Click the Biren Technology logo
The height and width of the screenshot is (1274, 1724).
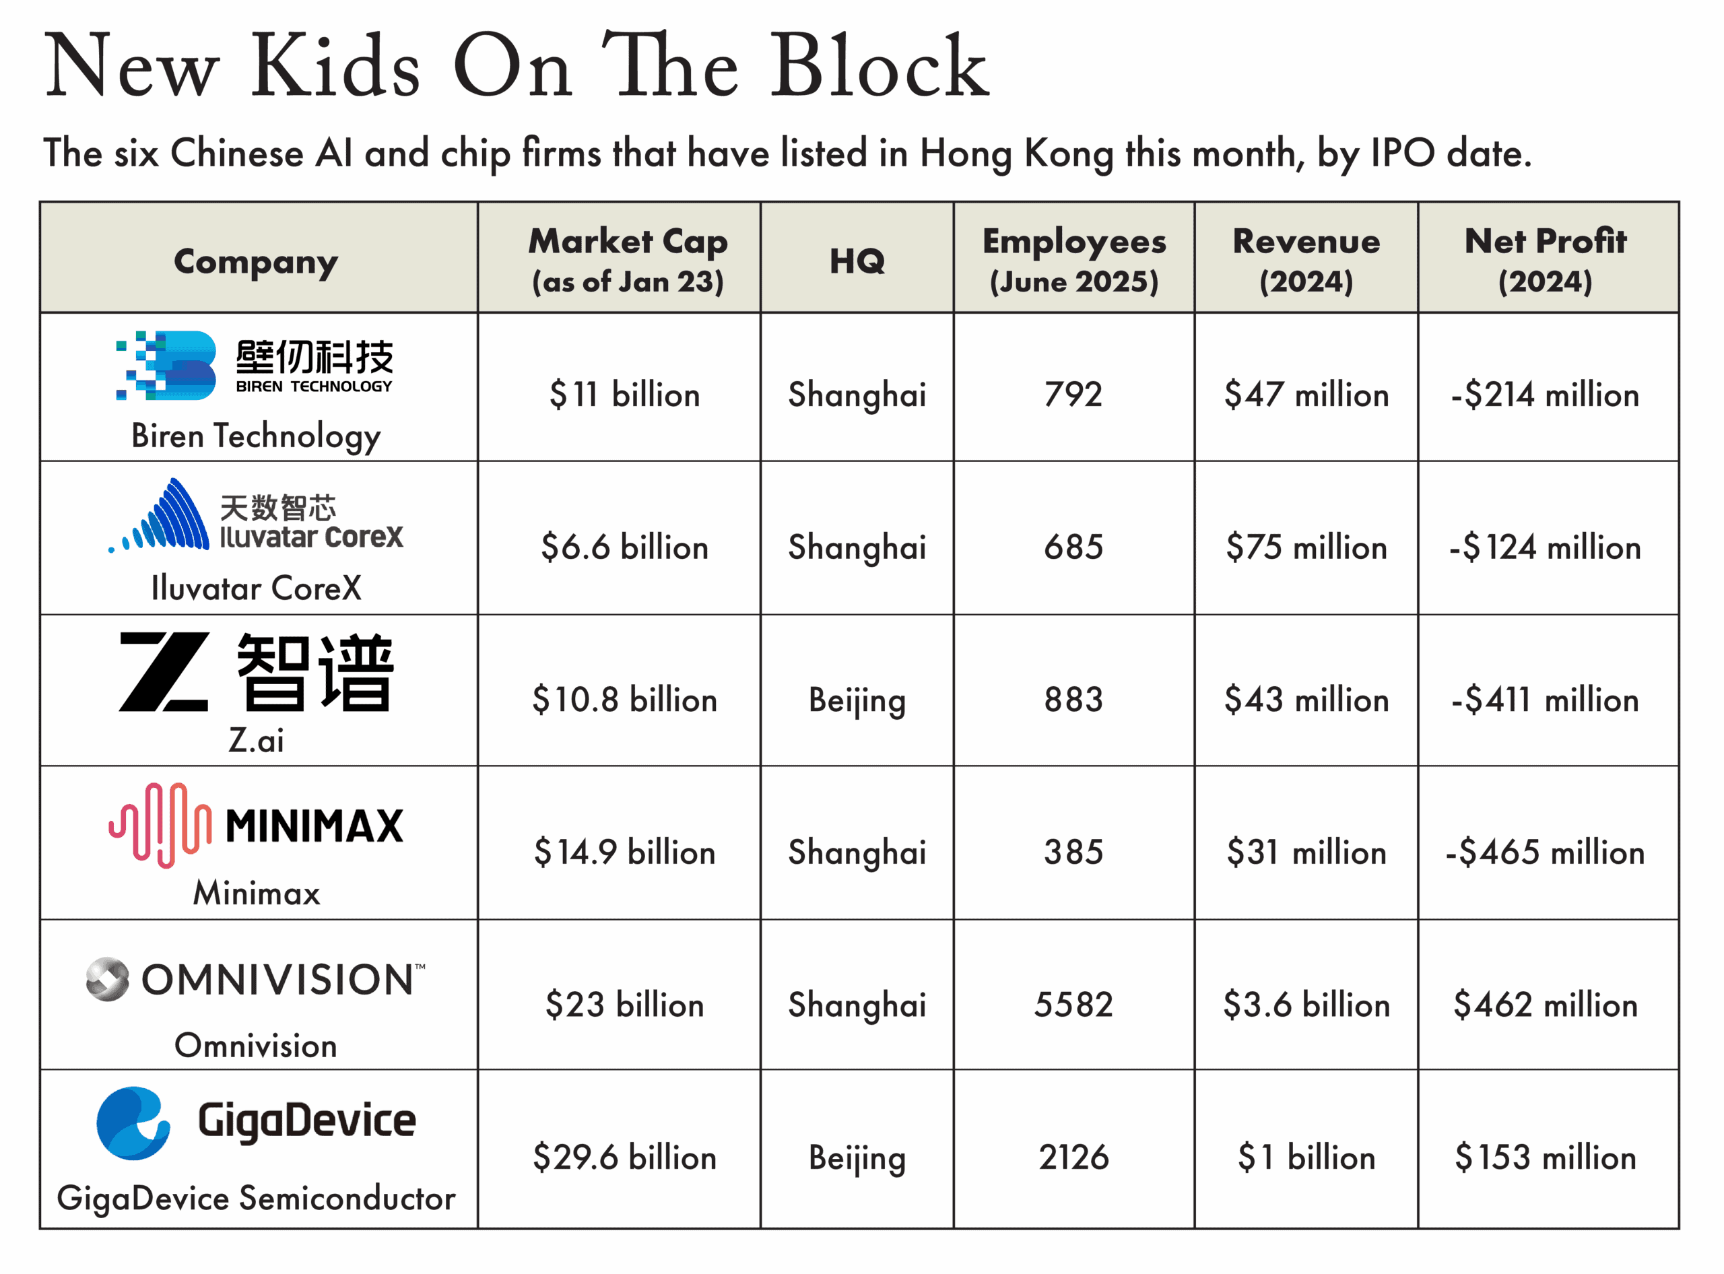(254, 366)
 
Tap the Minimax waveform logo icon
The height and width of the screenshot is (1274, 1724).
(160, 824)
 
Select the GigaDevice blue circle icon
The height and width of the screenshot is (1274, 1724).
(133, 1123)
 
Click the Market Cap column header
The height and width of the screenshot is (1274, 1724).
(627, 260)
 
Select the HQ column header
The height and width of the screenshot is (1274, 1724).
(857, 261)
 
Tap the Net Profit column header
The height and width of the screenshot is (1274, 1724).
(1545, 260)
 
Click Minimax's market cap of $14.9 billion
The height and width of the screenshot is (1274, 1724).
(625, 852)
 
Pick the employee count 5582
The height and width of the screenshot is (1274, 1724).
(1073, 1005)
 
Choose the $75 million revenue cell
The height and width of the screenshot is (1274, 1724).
(1306, 547)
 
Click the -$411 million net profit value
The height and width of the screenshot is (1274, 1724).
(1545, 700)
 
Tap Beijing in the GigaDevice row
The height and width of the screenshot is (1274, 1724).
(857, 1158)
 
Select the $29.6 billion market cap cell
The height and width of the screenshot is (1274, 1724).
(625, 1158)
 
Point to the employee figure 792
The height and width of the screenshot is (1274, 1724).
(1073, 395)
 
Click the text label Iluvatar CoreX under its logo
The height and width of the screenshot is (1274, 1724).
(256, 589)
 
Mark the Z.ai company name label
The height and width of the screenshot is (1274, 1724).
(256, 740)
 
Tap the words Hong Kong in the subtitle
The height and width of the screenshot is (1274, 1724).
(1017, 153)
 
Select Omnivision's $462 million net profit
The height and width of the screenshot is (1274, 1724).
(1545, 1005)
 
